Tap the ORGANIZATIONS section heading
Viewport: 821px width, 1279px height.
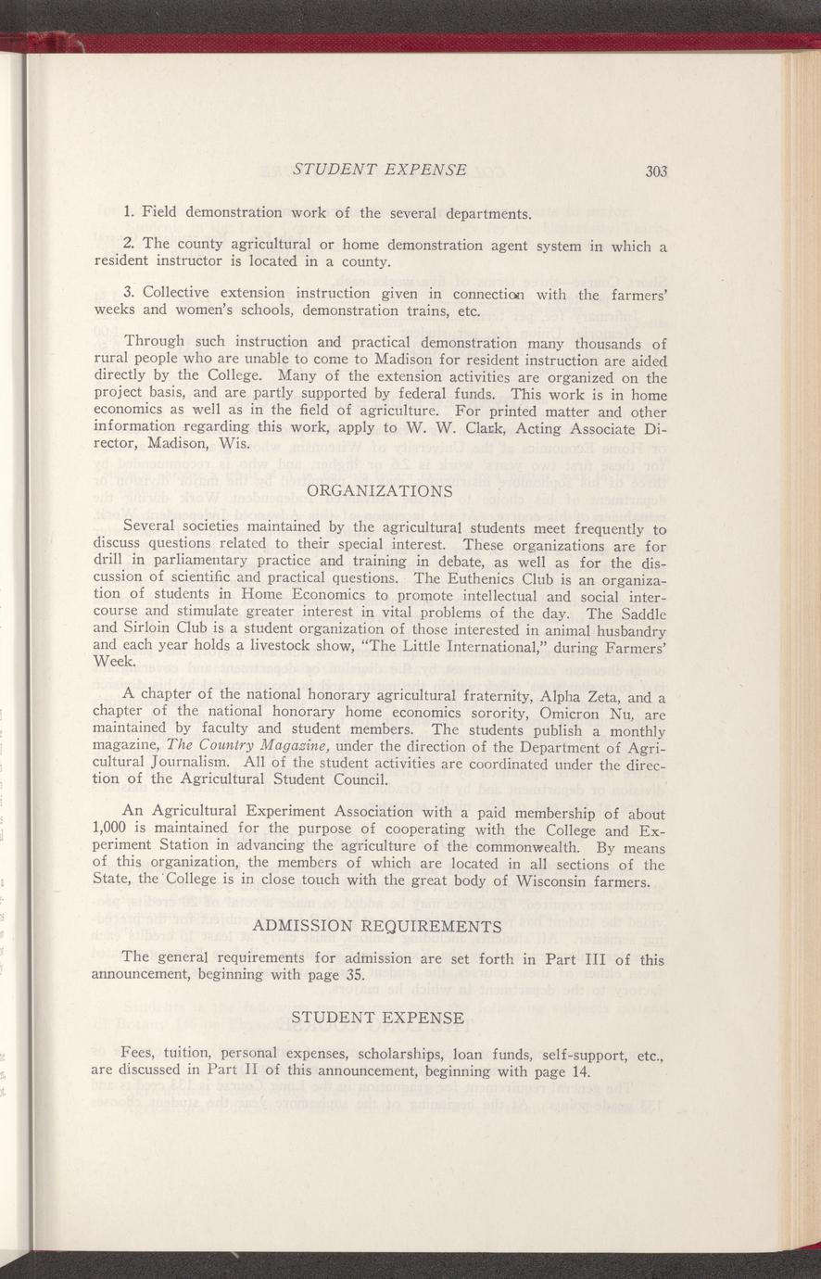pyautogui.click(x=379, y=489)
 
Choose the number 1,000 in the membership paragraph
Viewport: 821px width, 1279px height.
pyautogui.click(x=114, y=830)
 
